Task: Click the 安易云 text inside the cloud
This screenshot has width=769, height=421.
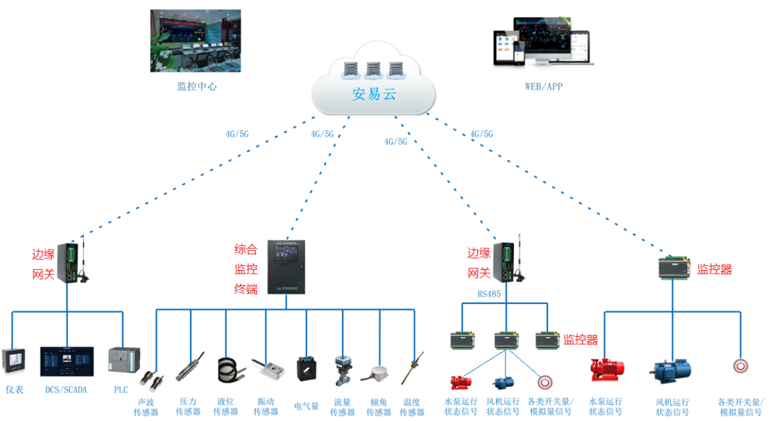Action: point(373,95)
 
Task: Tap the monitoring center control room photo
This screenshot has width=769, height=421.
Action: point(196,41)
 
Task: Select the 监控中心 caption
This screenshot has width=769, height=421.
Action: point(196,87)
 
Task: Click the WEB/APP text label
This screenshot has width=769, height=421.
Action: point(543,87)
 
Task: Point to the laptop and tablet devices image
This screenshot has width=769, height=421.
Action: point(543,45)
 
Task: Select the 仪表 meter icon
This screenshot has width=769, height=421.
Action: point(15,363)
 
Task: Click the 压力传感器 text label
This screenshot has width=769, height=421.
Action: point(188,407)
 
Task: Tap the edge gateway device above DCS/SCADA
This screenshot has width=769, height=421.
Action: point(69,262)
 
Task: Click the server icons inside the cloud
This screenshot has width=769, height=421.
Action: point(373,70)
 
